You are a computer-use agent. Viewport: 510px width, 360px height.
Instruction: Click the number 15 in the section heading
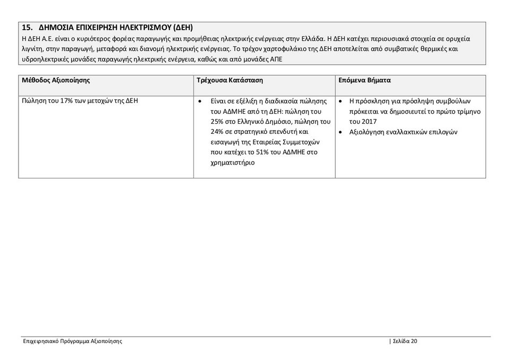click(26, 27)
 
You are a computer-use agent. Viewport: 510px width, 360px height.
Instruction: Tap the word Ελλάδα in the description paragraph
click(309, 39)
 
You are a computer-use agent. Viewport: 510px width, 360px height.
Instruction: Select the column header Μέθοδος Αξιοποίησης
click(56, 80)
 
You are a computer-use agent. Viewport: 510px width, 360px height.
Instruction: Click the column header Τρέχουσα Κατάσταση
click(230, 80)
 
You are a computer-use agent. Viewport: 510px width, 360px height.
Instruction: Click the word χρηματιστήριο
click(233, 163)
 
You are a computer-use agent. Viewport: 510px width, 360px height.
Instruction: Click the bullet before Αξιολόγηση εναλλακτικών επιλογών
click(341, 132)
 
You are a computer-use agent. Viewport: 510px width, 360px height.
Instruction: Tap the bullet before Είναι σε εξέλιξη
click(199, 101)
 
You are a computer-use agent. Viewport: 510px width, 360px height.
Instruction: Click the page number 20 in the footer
click(414, 341)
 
